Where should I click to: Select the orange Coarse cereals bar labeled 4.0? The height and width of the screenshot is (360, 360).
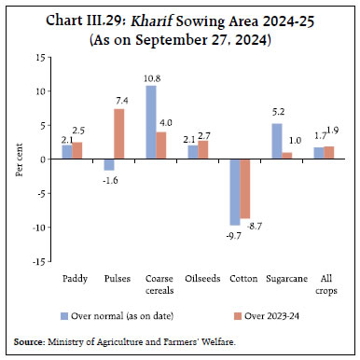point(161,145)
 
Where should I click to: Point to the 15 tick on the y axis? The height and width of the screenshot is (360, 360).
point(40,57)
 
